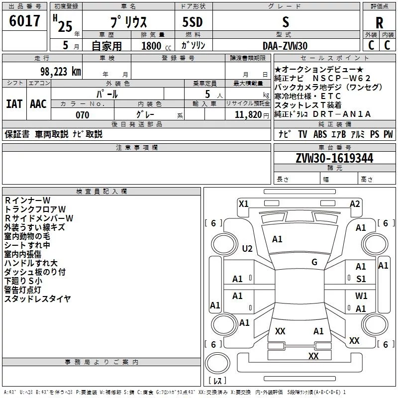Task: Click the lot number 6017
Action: pos(25,21)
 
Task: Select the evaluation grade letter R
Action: pos(379,23)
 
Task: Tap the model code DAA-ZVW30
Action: pos(285,46)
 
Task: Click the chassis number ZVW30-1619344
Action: pos(334,158)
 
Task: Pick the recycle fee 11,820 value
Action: pos(247,115)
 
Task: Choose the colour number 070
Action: pos(82,115)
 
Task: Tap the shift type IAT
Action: pos(14,104)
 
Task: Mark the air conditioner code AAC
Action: pos(38,104)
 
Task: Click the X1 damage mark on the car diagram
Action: pos(243,203)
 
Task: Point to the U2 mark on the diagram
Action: pos(247,249)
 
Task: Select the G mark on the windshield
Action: pos(314,262)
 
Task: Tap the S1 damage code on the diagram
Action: pos(361,279)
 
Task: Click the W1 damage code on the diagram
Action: pos(361,296)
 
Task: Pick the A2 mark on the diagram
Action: pos(355,203)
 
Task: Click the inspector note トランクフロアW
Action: pos(35,209)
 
